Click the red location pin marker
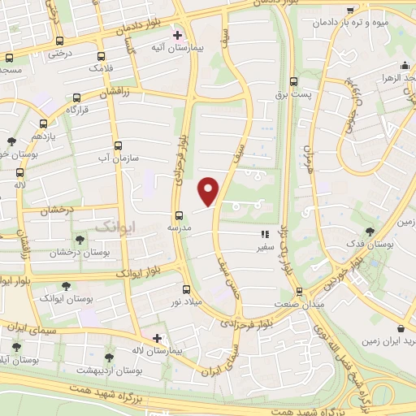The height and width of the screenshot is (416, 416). (x=209, y=190)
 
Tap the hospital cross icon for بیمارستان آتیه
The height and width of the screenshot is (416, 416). (x=178, y=36)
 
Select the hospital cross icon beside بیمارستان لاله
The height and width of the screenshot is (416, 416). (x=157, y=338)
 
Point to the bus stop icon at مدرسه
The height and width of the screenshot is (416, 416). (x=180, y=215)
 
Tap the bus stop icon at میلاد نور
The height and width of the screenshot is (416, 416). (x=186, y=289)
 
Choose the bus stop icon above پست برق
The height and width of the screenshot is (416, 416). (x=293, y=81)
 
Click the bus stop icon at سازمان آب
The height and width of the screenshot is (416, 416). (x=119, y=146)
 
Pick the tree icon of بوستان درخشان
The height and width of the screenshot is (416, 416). (x=80, y=239)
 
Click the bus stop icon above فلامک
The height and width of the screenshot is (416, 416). (x=101, y=57)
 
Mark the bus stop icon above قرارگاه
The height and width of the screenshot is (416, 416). (x=76, y=96)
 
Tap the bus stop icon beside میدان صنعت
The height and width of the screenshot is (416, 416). (x=299, y=290)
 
